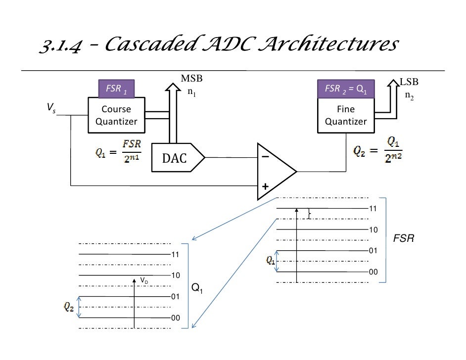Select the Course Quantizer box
(116, 115)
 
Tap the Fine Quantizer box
(345, 115)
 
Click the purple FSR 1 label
(116, 89)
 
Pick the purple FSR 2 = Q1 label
(345, 89)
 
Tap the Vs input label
(51, 107)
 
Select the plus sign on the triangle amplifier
(265, 187)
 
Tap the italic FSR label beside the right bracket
(403, 239)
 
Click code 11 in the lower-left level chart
(175, 254)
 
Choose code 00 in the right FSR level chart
(373, 272)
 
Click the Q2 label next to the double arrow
(69, 308)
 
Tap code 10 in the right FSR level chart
(373, 230)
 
